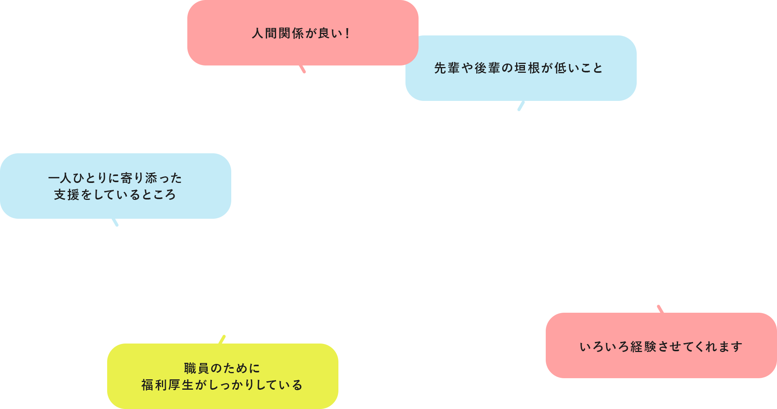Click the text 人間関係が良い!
pos(301,34)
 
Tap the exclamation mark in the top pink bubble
pos(347,34)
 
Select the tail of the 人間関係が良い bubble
pos(303,69)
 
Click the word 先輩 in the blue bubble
pos(447,68)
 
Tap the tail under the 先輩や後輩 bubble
pos(521,106)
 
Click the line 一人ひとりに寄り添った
pos(115,178)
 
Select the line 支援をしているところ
pos(115,195)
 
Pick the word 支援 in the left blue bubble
pos(67,195)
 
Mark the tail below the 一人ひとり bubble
pos(115,222)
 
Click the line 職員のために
pos(222,369)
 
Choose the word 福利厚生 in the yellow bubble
pos(167,385)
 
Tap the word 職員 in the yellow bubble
pos(197,369)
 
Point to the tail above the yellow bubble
pos(222,340)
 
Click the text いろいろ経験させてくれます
pos(661,347)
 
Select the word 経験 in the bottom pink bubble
pos(643,347)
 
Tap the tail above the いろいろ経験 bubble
pos(660,309)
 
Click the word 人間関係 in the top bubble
pos(278,34)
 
